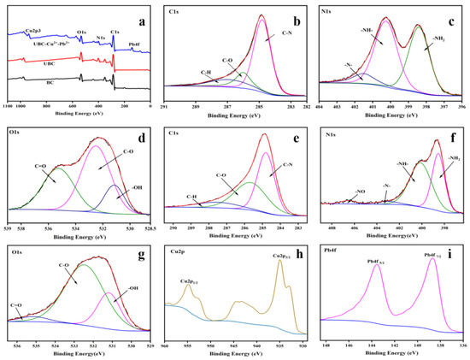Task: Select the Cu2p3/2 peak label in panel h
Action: (x=285, y=256)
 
